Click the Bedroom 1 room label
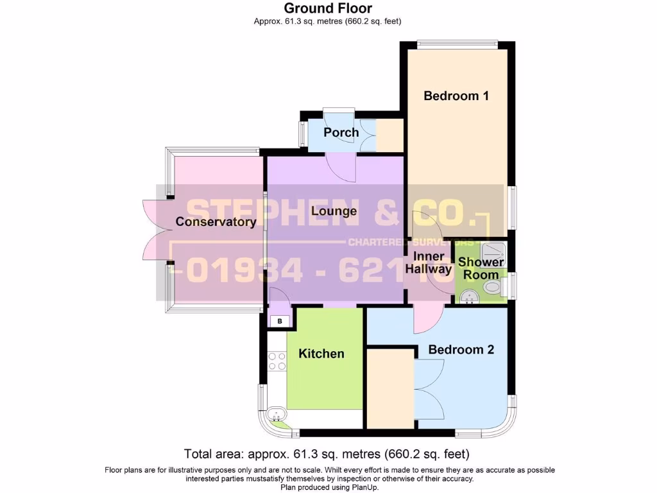click(456, 96)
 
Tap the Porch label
click(341, 132)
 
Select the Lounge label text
click(334, 211)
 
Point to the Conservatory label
click(216, 222)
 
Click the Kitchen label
click(321, 354)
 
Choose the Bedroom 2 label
click(461, 350)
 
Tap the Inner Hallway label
click(429, 263)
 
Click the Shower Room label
click(481, 268)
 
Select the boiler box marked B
click(279, 321)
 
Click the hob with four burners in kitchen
click(277, 361)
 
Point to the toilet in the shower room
click(493, 289)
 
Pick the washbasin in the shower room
click(468, 297)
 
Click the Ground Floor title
click(328, 8)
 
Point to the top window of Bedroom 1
click(456, 44)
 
